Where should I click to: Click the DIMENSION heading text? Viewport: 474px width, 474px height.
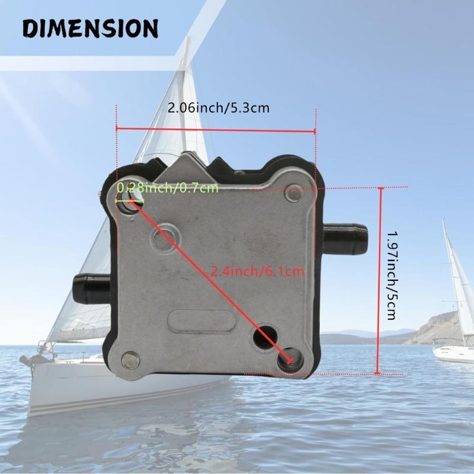tap(91, 28)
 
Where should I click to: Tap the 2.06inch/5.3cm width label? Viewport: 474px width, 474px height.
tap(219, 108)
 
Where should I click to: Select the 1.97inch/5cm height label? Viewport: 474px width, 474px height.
tap(391, 275)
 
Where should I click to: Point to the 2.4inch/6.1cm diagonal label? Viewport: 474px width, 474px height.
tap(258, 272)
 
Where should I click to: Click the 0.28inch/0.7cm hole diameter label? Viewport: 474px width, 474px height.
tap(168, 188)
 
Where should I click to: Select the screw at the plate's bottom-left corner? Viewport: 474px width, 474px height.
tap(130, 359)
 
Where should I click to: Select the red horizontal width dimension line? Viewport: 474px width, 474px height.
tap(216, 130)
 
